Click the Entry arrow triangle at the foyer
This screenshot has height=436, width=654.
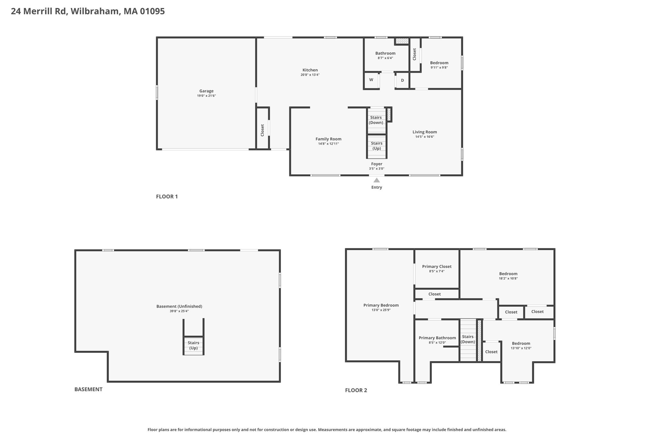coord(377,180)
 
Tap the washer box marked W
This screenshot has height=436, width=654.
coord(371,80)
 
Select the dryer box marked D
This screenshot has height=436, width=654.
coord(402,80)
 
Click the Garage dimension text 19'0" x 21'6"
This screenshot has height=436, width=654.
coord(207,96)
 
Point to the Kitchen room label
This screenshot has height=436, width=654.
coord(310,70)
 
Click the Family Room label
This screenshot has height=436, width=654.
coord(329,139)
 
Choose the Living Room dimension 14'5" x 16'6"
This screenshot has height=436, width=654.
coord(425,137)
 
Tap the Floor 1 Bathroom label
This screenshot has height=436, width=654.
coord(385,53)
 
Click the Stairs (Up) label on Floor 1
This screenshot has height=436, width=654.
coord(377,146)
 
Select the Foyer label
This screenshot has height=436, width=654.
coord(377,164)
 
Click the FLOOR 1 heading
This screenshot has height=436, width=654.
coord(167,196)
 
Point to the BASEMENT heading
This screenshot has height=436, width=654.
coord(88,389)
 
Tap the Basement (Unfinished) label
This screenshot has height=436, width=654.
coord(179,306)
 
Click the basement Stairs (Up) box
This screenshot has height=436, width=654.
coord(194,346)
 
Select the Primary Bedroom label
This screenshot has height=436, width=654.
coord(381,305)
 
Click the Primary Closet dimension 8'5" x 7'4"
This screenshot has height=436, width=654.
coord(437,272)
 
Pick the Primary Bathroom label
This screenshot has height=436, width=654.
coord(437,338)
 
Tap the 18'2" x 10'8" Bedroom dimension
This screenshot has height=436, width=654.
coord(508,279)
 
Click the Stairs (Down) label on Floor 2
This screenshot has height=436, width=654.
coord(468,339)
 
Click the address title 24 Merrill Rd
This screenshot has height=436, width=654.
coord(39,11)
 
